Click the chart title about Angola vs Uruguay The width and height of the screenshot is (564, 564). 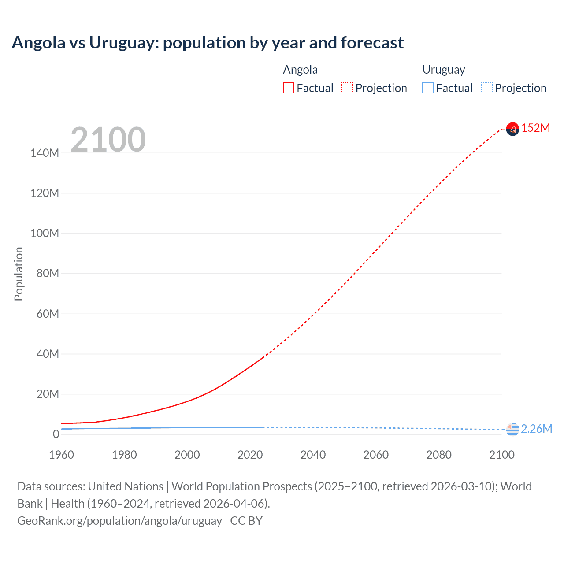208,43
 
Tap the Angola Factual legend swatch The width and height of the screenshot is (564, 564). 289,88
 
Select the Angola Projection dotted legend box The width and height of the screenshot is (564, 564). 347,88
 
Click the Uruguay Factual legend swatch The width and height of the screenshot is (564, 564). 428,88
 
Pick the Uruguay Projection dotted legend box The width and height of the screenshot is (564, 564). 486,88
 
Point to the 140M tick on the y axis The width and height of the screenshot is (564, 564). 45,153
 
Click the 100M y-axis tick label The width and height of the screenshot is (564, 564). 45,233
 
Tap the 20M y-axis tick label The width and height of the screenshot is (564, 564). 48,394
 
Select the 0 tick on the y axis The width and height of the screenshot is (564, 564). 56,434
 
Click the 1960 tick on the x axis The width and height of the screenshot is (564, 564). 61,455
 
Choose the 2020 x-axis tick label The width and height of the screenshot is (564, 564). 250,455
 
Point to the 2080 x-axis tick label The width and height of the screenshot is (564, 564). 439,455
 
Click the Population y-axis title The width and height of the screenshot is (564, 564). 19,274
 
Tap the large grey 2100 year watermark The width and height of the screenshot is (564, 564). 108,140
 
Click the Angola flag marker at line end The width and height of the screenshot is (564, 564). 512,129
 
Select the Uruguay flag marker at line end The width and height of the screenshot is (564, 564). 512,429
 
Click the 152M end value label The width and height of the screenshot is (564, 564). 535,128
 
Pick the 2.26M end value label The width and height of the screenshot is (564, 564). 536,429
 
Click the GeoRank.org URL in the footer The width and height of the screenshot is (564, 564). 119,520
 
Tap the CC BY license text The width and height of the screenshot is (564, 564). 246,520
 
